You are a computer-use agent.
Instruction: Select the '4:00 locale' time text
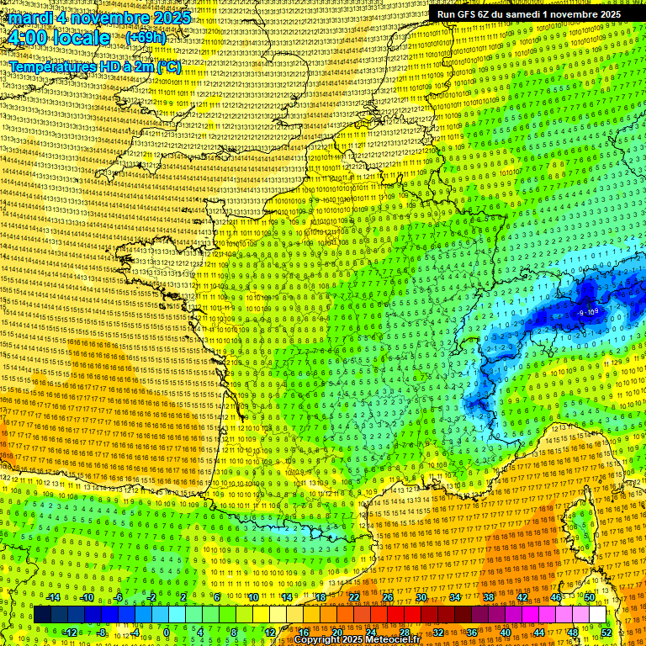pyautogui.click(x=59, y=38)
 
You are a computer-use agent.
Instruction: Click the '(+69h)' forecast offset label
pyautogui.click(x=146, y=38)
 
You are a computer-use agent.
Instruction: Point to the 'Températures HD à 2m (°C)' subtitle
pyautogui.click(x=94, y=67)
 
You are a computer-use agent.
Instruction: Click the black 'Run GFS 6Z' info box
pyautogui.click(x=529, y=14)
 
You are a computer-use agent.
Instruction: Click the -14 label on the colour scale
pyautogui.click(x=53, y=597)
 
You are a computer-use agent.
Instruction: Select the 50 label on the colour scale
pyautogui.click(x=590, y=597)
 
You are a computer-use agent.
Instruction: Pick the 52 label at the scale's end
pyautogui.click(x=606, y=633)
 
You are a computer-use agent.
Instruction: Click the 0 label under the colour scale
pyautogui.click(x=167, y=633)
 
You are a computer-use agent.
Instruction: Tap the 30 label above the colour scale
pyautogui.click(x=421, y=597)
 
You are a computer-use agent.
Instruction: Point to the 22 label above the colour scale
pyautogui.click(x=353, y=597)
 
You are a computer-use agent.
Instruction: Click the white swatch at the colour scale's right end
pyautogui.click(x=597, y=615)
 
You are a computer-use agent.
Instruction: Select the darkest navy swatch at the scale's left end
pyautogui.click(x=42, y=615)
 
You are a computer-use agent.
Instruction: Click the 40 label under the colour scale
pyautogui.click(x=507, y=633)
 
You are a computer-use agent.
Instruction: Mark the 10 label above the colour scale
pyautogui.click(x=252, y=597)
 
